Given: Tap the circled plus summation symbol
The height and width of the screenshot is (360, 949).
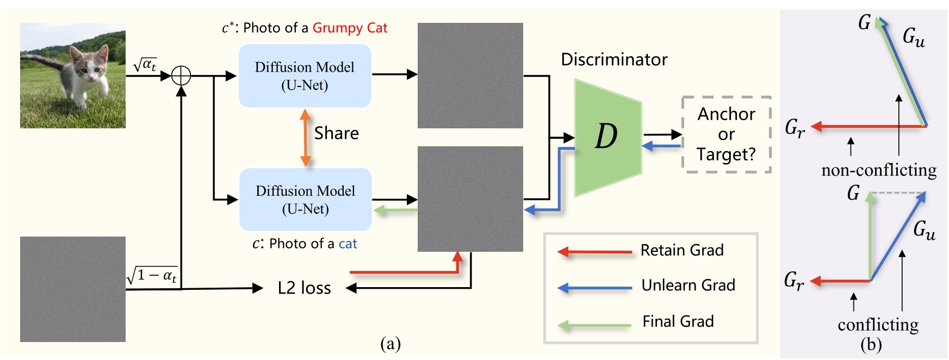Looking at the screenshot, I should coord(181,76).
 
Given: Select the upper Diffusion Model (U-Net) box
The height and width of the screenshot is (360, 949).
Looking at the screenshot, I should coord(305,76).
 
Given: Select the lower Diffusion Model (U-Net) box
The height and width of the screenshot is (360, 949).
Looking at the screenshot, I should coord(305,200).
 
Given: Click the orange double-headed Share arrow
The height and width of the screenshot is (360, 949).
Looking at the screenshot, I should coord(306,138).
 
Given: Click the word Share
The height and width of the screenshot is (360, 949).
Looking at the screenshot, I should coord(337,133).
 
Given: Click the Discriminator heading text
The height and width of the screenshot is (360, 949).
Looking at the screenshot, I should coord(614,59).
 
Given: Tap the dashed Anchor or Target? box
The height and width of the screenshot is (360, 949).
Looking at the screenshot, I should coord(726,134).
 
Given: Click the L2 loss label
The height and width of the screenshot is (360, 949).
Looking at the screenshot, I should coord(304,288).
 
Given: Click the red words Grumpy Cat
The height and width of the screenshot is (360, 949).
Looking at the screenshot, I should coord(350,28).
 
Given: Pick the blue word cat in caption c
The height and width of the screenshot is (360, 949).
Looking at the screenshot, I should coord(348,244).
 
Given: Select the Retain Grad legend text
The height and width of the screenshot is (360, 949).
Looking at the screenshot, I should coord(682,250).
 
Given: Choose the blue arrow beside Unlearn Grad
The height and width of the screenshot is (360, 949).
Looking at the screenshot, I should coord(595,288).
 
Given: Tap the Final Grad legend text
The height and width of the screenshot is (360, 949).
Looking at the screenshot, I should coord(678,321).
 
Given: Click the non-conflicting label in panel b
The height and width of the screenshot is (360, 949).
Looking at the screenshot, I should coord(879,170).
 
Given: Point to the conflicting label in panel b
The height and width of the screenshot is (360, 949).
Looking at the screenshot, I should coord(878,325).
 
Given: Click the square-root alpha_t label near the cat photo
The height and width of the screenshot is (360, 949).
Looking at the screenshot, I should coord(145,65).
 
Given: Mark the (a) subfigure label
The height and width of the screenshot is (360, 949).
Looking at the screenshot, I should coord(390,343).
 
